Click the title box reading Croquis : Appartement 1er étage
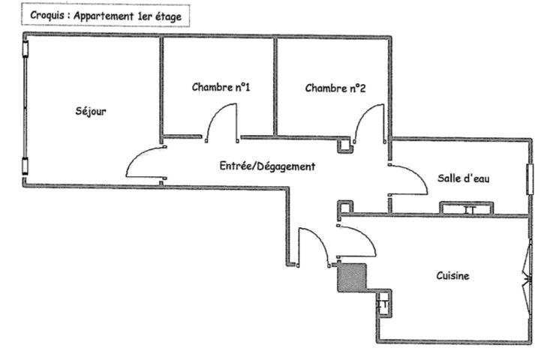click(105, 15)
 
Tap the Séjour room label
click(91, 112)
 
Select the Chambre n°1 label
click(221, 88)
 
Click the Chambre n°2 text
click(335, 88)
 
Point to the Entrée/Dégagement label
click(266, 166)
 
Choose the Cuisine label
click(452, 276)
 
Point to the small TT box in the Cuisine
click(382, 303)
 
